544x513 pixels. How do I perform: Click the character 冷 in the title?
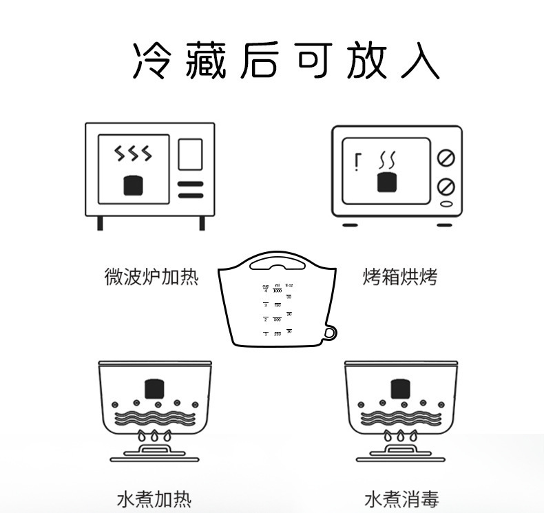pos(151,61)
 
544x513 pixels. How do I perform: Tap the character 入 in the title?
pos(418,61)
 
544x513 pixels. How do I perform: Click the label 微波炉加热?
pos(151,277)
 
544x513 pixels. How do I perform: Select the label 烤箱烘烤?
pos(400,277)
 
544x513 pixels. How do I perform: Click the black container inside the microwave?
pos(134,185)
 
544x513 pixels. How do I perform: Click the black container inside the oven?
pos(387,182)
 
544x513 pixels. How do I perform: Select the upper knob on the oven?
pos(446,158)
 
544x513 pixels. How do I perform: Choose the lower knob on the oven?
pos(446,187)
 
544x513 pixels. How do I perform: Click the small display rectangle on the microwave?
pos(190,154)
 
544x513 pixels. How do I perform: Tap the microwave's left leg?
pos(101,222)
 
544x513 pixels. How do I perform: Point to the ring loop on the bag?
pos(331,333)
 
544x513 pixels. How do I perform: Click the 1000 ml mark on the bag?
pos(277,291)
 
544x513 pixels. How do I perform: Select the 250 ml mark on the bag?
pos(277,333)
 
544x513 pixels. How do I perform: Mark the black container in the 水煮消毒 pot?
pos(400,389)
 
